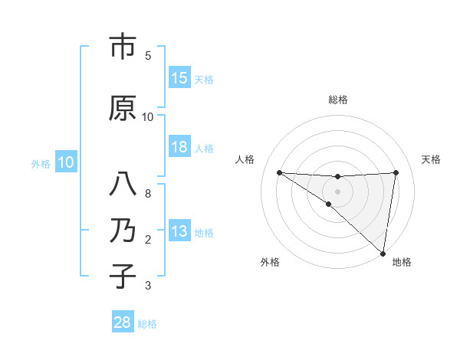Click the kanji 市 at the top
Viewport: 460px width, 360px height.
point(123,47)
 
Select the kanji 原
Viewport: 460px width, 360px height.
point(123,108)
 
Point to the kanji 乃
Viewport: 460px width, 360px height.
point(123,231)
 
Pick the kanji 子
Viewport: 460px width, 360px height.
point(123,276)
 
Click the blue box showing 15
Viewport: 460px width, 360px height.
point(179,78)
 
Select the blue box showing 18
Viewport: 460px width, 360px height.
point(179,148)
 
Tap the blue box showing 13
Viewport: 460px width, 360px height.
point(179,232)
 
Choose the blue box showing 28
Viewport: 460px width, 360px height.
point(123,322)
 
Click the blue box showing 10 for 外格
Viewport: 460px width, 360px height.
point(66,162)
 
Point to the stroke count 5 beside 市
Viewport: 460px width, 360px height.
point(148,56)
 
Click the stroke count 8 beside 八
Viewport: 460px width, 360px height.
point(148,194)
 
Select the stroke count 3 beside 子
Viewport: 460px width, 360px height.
point(148,286)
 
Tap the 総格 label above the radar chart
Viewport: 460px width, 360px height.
point(338,100)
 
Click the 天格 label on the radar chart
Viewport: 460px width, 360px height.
point(431,159)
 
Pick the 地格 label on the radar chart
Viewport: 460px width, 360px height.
point(402,262)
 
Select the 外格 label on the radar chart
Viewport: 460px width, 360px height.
point(270,262)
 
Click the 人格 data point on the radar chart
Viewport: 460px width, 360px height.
point(279,172)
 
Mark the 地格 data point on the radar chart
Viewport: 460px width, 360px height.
point(383,254)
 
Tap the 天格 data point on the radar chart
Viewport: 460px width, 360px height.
point(396,172)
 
